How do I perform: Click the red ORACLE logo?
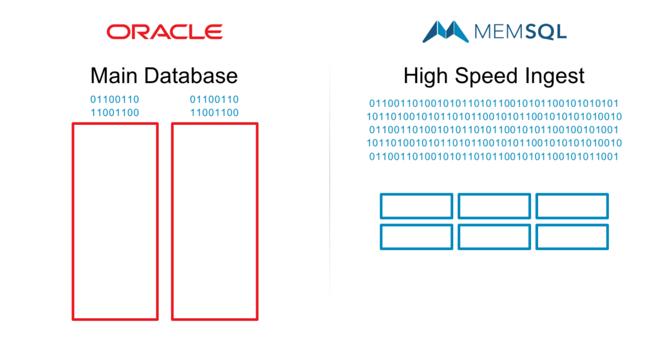(x=164, y=32)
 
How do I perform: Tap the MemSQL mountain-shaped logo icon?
(x=445, y=32)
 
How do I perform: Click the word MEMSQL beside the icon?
(x=520, y=32)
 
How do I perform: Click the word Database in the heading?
(x=191, y=76)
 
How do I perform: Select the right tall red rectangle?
(x=172, y=222)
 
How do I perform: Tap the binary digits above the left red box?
(x=115, y=106)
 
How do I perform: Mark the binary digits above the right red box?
(x=214, y=106)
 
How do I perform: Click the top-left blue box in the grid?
(x=416, y=194)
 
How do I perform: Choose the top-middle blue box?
(x=494, y=194)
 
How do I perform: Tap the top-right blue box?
(x=572, y=194)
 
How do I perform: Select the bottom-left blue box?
(x=416, y=225)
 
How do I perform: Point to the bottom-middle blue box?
(x=494, y=225)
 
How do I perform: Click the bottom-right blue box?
(x=572, y=225)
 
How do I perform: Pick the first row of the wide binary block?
(x=494, y=104)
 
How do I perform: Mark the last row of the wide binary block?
(x=494, y=157)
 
